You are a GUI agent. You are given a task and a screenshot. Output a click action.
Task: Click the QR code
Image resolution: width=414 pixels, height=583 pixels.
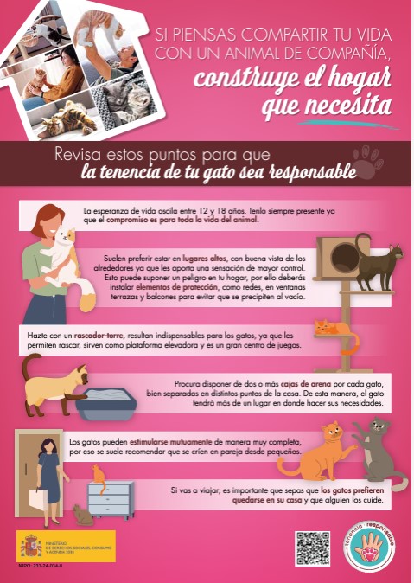[x=312, y=548]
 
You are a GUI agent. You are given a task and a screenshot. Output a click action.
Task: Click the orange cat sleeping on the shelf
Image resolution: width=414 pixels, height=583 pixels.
[x=332, y=328]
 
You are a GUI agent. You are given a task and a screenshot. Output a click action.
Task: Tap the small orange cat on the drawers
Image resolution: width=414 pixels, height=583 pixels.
[x=99, y=473]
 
